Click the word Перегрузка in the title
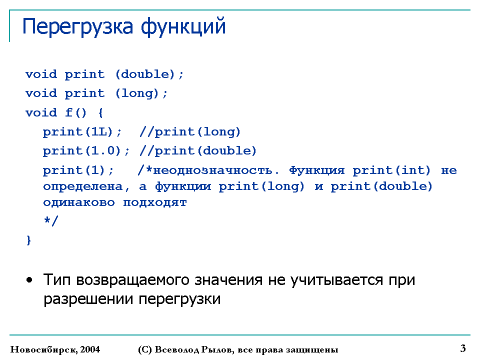point(78,27)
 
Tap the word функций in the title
point(183,27)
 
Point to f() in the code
point(76,112)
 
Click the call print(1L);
point(82,132)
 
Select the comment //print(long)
point(190,132)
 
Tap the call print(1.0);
point(86,151)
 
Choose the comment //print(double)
point(198,151)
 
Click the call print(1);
point(78,170)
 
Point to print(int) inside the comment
point(391,170)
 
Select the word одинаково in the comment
point(78,202)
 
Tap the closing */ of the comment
point(51,220)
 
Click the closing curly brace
point(29,240)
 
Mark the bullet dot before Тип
point(29,280)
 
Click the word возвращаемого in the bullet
point(132,280)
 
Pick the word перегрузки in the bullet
point(179,299)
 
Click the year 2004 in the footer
point(90,349)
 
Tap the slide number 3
point(463,348)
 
